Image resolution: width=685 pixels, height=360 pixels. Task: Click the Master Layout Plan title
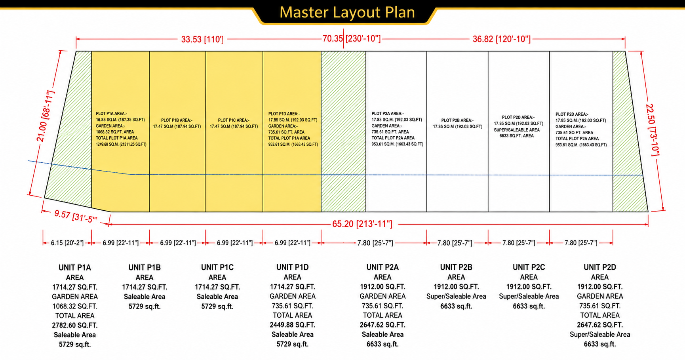pos(347,12)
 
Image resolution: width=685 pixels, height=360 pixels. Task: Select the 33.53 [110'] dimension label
pos(202,40)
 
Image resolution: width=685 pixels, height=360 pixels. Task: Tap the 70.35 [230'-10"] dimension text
pos(352,38)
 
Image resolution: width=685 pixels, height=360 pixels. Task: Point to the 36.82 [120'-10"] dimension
pos(502,39)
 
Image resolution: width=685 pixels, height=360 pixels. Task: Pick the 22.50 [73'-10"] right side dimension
pos(653,130)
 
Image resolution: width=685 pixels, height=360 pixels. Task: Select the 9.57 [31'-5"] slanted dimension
pos(76,216)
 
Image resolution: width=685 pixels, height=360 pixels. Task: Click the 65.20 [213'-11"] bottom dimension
pos(362,224)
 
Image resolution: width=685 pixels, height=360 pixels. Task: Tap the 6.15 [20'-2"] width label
pos(67,243)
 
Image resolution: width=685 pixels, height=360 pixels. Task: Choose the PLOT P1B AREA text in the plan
pos(177,120)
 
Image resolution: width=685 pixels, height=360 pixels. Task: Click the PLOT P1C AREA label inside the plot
pos(234,120)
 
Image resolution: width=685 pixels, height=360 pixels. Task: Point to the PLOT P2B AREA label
pos(457,120)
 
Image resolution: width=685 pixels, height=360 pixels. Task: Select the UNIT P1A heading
pos(75,268)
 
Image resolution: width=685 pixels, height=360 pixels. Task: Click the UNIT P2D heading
pos(600,267)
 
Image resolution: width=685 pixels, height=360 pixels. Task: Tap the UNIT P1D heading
pos(293,267)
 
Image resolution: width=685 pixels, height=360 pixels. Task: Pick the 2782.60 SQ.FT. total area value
pos(75,325)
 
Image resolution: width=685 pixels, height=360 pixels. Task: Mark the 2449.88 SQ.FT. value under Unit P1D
pos(293,325)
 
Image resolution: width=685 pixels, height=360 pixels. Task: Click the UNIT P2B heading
pos(456,267)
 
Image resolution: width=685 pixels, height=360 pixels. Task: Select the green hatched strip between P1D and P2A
pos(343,131)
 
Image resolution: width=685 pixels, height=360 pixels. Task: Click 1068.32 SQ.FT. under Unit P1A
pos(75,306)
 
